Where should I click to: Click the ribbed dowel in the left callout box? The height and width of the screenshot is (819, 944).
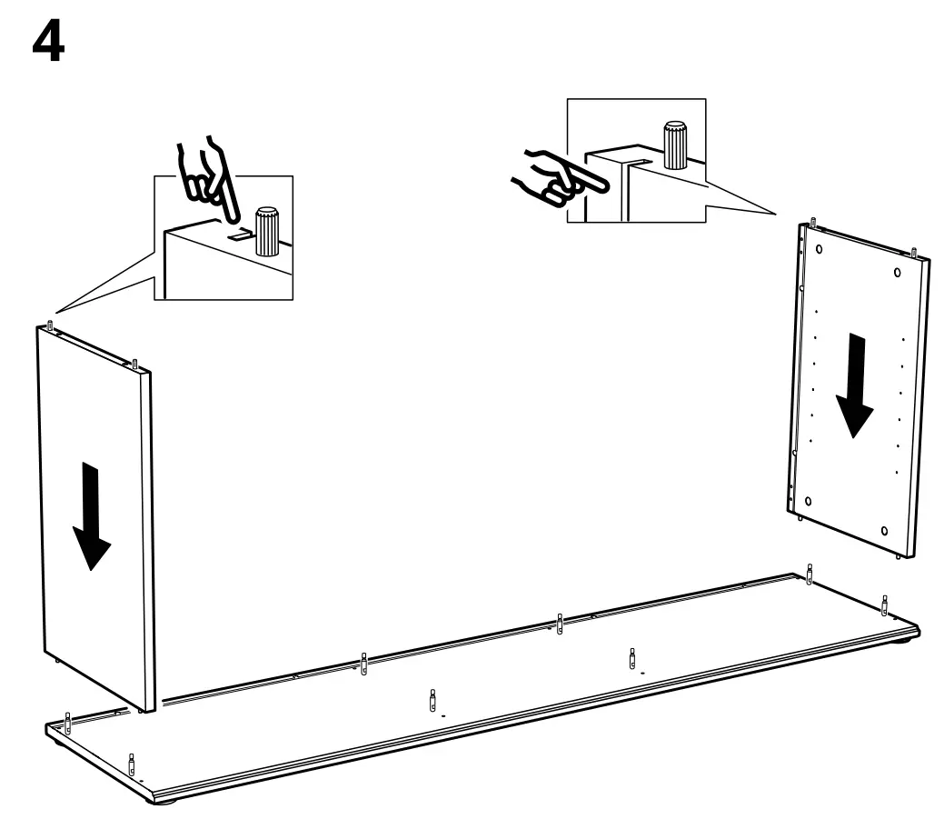[267, 233]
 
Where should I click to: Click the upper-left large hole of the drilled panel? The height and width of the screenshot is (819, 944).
[819, 247]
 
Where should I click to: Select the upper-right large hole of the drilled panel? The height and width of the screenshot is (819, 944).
[897, 272]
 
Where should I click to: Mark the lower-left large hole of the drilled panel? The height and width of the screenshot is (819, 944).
[806, 501]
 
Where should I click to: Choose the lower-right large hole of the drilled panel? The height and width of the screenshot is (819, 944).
[884, 530]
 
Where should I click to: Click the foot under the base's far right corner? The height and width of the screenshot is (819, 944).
[906, 641]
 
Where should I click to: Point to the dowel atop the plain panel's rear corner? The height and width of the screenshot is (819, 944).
[49, 325]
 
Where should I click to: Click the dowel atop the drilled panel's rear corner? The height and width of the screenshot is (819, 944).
[812, 221]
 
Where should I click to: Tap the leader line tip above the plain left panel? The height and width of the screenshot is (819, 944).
[56, 310]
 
